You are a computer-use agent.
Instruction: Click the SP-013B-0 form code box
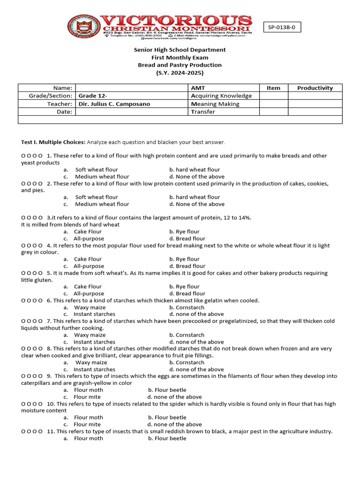coord(282,28)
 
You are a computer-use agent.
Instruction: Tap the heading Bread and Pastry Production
coord(180,65)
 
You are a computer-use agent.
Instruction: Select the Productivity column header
coord(315,88)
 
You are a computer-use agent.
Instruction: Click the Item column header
coord(273,88)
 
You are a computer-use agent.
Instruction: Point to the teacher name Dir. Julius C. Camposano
coord(114,104)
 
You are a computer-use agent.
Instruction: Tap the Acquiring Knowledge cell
coord(221,96)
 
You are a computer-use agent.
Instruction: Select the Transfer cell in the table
coord(203,112)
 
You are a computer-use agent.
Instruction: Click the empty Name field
coord(131,88)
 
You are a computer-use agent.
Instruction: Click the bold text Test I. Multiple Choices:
coord(53,142)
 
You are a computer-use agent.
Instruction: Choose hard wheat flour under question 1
coord(195,170)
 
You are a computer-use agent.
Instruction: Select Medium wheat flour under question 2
coord(102,204)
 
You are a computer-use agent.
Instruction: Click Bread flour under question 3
coord(190,239)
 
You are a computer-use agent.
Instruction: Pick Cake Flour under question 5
coord(88,287)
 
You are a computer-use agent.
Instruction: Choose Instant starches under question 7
coord(94,342)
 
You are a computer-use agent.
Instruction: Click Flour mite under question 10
coord(87,425)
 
